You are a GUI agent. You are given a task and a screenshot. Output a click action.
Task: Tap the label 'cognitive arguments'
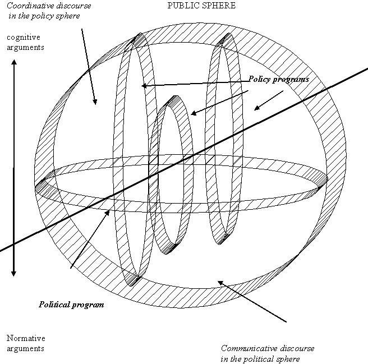point(25,42)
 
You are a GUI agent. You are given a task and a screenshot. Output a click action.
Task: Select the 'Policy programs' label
point(279,80)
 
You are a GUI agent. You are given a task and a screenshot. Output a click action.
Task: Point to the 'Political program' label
point(71,305)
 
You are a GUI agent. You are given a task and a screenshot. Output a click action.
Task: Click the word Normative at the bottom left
point(25,338)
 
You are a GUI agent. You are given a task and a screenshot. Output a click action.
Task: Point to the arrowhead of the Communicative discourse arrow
point(220,282)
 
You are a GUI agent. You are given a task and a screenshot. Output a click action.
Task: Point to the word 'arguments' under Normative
point(25,348)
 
